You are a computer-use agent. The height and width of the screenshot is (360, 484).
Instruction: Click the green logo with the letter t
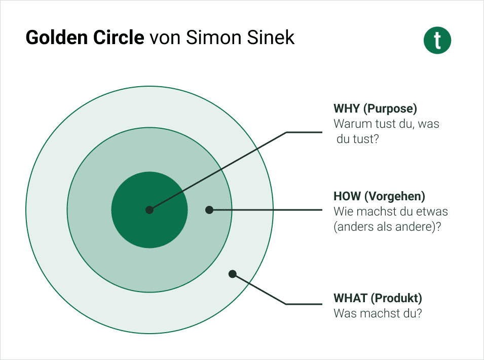point(437,41)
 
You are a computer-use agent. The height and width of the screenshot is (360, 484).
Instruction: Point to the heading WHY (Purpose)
point(375,109)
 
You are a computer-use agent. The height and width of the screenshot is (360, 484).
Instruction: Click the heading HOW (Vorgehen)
point(379,196)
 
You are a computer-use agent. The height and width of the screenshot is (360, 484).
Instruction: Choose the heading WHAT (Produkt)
point(378,298)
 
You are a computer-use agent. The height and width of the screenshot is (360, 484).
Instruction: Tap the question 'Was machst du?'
point(378,313)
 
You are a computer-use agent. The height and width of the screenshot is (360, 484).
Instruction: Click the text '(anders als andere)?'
point(387,227)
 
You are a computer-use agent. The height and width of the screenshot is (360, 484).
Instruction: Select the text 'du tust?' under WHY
point(357,139)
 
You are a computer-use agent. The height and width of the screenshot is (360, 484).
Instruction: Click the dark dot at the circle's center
point(150,210)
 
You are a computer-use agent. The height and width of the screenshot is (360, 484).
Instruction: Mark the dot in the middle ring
point(209,210)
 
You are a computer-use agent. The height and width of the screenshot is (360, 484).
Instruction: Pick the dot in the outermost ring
point(233,274)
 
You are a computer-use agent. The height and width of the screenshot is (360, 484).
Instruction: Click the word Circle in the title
point(119,38)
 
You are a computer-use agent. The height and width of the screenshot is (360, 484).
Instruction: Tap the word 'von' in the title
point(165,39)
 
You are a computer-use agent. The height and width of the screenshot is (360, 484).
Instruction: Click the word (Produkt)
point(396,298)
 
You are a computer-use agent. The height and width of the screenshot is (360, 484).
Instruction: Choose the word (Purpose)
point(390,109)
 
